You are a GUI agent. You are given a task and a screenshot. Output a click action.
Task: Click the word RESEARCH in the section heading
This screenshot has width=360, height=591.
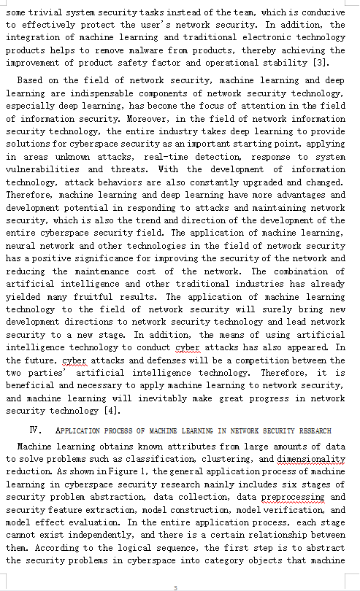tap(311, 431)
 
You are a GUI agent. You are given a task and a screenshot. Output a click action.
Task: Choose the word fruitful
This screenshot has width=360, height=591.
tap(110, 297)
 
